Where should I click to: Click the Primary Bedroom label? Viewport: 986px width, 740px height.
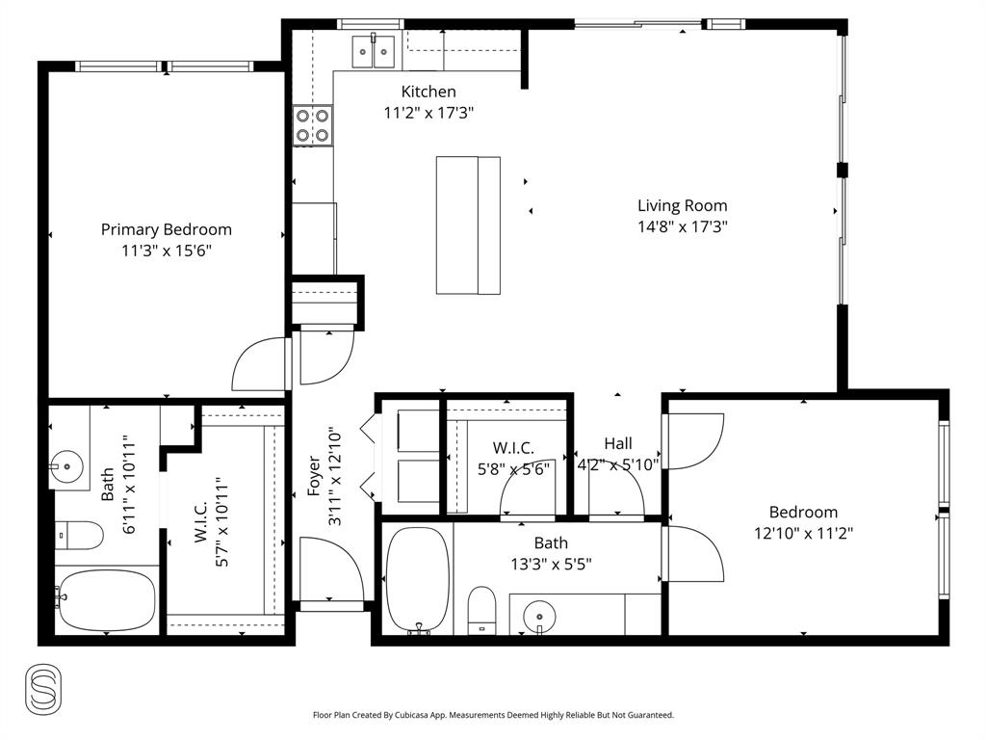tap(166, 229)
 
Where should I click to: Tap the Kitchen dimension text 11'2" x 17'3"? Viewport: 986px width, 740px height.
tap(428, 113)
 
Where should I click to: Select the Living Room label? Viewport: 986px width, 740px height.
tap(682, 205)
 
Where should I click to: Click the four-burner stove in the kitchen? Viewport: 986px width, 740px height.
tap(312, 125)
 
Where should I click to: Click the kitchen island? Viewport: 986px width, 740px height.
tap(468, 225)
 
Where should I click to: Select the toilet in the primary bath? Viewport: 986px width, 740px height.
tap(77, 535)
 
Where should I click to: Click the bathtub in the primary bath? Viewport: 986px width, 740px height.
tap(105, 599)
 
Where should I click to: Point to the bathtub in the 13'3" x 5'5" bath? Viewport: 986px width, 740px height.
tap(417, 578)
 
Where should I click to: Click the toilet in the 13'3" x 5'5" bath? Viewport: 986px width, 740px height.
tap(480, 611)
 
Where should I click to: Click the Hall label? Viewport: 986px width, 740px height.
tap(618, 443)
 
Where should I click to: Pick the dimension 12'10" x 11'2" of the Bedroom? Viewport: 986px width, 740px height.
tap(802, 532)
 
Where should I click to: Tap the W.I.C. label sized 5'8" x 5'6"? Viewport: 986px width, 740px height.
tap(513, 448)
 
